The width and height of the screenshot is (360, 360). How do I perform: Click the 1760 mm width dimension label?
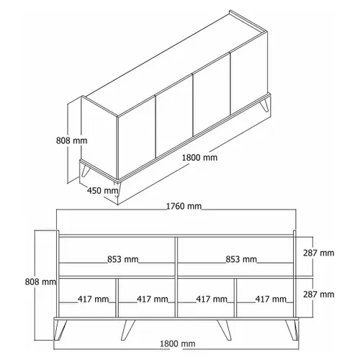(184, 206)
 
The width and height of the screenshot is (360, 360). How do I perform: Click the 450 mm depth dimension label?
(103, 191)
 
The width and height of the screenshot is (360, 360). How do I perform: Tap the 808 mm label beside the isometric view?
(71, 140)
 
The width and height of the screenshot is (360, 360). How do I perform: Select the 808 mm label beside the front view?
(40, 282)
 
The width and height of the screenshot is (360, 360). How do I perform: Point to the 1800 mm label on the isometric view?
(199, 158)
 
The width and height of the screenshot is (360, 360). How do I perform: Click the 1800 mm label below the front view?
(178, 344)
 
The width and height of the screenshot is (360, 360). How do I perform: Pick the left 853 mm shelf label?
(122, 259)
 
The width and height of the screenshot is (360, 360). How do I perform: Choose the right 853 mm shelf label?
(241, 259)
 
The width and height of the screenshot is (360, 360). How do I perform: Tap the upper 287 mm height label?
(318, 253)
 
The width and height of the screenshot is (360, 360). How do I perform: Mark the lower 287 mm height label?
(318, 294)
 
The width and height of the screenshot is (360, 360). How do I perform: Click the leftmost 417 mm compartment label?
(93, 299)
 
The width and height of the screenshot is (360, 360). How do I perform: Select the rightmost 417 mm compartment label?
(271, 299)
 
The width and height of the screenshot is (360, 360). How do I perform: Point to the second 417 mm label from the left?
(153, 299)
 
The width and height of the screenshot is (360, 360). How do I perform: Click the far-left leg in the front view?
(60, 330)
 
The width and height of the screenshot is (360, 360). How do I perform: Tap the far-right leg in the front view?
(292, 330)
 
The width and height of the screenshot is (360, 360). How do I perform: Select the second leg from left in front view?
(128, 330)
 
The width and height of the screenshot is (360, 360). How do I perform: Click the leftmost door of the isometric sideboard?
(137, 138)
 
